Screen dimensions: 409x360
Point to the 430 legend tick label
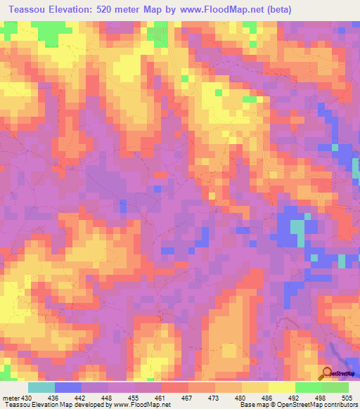tap(27, 398)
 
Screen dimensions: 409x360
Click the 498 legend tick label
tap(323, 398)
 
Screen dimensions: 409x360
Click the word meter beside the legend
tap(11, 398)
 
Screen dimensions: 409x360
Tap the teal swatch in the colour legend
tap(41, 387)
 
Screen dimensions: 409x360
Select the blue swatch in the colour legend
tap(67, 387)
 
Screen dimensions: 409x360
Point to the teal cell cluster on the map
tap(298, 228)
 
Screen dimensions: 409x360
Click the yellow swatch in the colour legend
tap(281, 387)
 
